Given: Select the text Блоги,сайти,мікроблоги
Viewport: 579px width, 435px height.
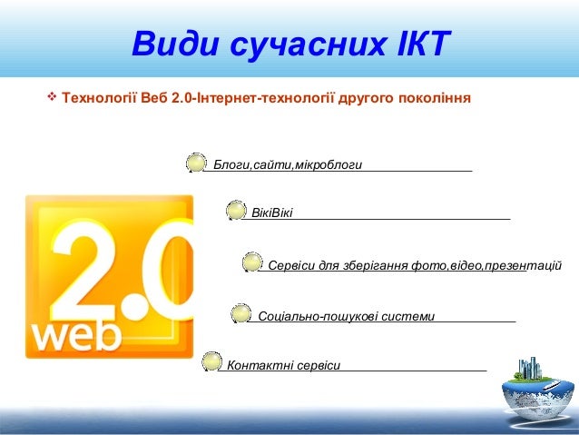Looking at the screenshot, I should click(287, 165).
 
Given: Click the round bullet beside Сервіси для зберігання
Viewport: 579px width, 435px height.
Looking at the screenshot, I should click(252, 263).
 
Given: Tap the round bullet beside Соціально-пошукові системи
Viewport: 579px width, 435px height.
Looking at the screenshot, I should click(240, 314).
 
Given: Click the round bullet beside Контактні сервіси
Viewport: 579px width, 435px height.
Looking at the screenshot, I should click(211, 362).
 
